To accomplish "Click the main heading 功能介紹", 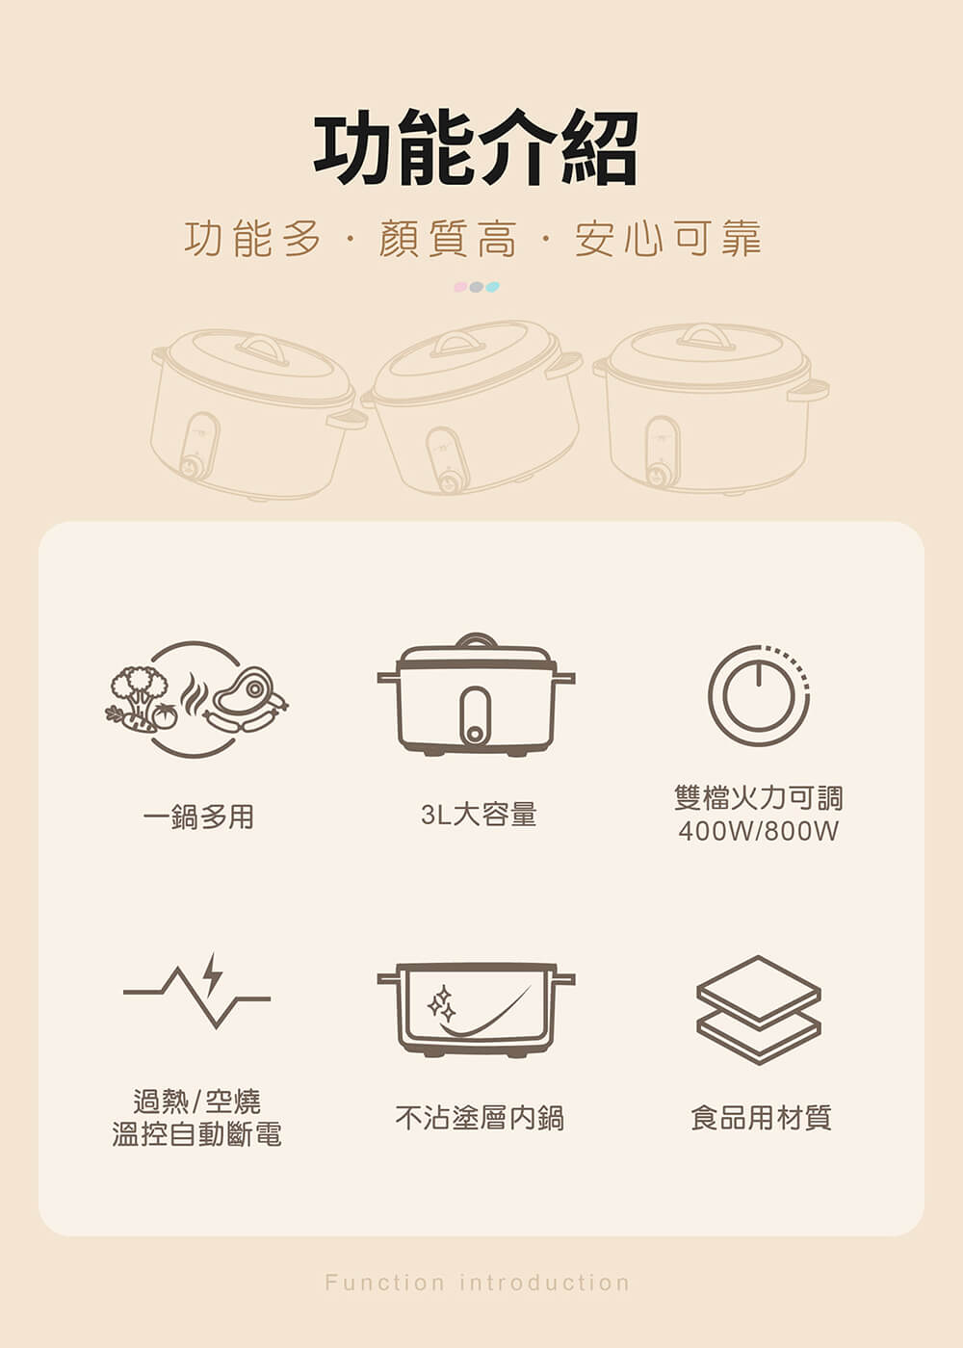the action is point(476,148).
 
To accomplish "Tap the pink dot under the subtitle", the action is point(460,287).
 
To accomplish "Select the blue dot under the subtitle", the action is point(492,287).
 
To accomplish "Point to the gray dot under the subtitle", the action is point(476,287).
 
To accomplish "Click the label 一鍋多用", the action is point(198,817).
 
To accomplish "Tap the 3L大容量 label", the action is point(479,814).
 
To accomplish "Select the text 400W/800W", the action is point(759,832).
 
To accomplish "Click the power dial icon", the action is point(759,695).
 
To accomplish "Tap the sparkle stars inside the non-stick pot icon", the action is point(442,1003).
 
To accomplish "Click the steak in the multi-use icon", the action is point(243,691).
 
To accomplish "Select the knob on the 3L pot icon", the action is point(475,734).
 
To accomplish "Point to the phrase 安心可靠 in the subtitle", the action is point(668,240).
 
